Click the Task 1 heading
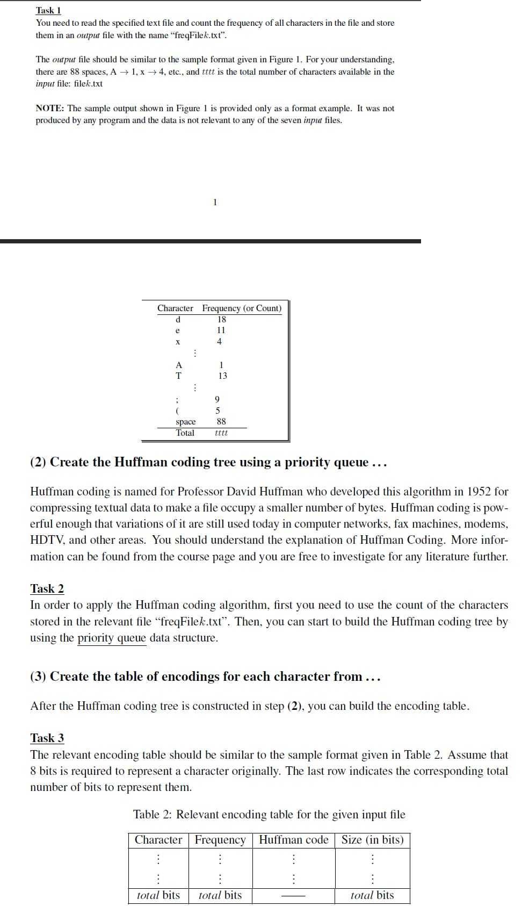click(x=48, y=10)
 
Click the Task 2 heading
click(x=47, y=588)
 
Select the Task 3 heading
click(x=47, y=738)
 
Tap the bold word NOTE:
click(x=50, y=109)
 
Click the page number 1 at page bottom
click(x=215, y=203)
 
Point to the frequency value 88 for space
click(x=221, y=422)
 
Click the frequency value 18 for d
click(x=221, y=319)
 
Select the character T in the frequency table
click(x=178, y=376)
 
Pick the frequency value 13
click(x=222, y=376)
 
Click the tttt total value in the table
click(x=221, y=433)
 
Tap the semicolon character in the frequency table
click(x=176, y=400)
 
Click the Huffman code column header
click(x=293, y=840)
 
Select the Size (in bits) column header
click(x=372, y=840)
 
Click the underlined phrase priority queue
click(x=112, y=638)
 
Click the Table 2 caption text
click(x=269, y=815)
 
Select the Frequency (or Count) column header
click(x=242, y=308)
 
